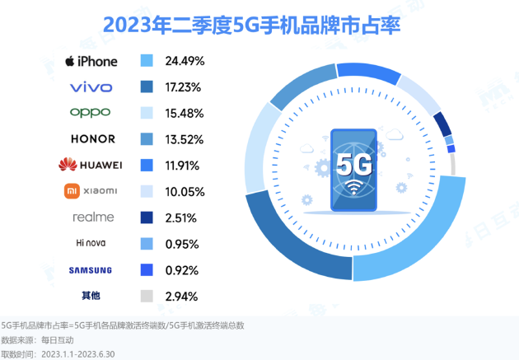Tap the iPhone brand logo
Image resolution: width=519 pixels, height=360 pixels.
coord(91,61)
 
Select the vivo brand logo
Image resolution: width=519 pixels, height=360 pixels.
coord(91,86)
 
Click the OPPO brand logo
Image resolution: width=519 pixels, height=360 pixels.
coord(91,113)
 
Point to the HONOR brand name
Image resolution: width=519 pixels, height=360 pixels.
coord(92,139)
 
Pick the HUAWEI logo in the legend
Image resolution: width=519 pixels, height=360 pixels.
coord(91,165)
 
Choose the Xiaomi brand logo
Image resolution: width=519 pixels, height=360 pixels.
coord(91,191)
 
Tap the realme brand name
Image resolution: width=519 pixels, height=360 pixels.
coord(92,217)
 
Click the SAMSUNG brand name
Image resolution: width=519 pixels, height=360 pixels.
coord(91,269)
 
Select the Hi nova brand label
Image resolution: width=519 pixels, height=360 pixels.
coord(91,243)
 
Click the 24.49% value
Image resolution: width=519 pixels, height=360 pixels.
coord(185,61)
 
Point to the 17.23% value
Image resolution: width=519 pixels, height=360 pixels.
coord(185,86)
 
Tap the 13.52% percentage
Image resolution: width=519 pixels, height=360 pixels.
coord(185,139)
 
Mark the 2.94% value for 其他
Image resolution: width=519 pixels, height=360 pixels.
coord(183,296)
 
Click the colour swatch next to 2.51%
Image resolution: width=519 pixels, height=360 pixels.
coord(148,217)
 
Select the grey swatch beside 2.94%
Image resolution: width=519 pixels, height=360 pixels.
coord(148,296)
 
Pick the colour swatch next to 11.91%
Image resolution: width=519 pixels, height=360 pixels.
coord(148,165)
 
